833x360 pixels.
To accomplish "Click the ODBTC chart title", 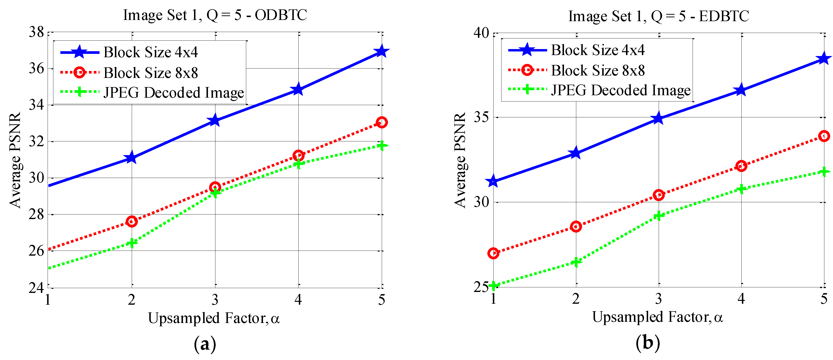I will [215, 15].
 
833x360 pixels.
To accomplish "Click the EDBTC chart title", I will [658, 16].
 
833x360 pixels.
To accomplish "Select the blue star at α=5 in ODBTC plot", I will [382, 51].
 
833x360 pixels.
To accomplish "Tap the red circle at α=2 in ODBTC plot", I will [132, 221].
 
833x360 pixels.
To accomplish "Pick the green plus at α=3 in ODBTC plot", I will [215, 193].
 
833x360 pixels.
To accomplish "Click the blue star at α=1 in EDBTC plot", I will [493, 182].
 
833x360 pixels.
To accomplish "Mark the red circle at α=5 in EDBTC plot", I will [824, 136].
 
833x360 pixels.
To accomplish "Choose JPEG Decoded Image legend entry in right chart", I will [620, 90].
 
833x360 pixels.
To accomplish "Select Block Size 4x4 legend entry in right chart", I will [598, 50].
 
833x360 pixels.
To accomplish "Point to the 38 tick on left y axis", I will [36, 32].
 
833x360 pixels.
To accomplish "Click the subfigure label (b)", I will [648, 342].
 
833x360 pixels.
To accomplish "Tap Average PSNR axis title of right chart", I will [460, 160].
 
